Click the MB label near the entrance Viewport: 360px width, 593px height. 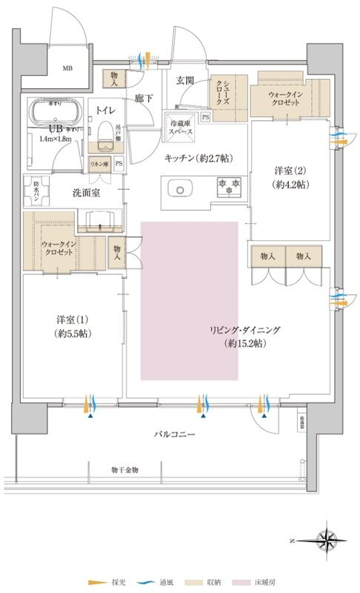pyautogui.click(x=67, y=69)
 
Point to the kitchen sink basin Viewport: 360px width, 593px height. pyautogui.click(x=180, y=190)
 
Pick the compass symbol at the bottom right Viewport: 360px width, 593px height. pyautogui.click(x=324, y=537)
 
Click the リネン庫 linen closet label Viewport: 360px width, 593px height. pyautogui.click(x=99, y=162)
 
